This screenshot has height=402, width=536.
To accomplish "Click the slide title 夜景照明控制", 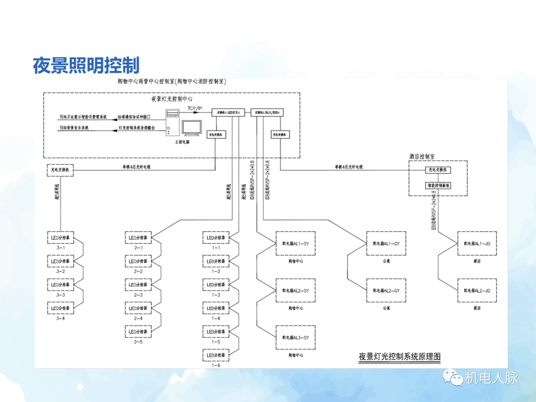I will [86, 66].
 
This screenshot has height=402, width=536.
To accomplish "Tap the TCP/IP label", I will [195, 108].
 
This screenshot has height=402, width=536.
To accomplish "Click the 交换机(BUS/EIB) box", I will [267, 113].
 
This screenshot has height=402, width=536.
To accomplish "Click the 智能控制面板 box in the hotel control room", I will [438, 186].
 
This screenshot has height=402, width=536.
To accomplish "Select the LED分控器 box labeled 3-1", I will [61, 238].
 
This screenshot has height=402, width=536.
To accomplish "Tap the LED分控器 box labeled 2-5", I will [138, 332].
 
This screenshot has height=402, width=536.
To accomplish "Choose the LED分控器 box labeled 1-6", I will [216, 355].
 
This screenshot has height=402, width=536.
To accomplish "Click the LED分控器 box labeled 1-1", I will [216, 238].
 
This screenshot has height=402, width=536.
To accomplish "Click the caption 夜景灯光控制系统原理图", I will [400, 356].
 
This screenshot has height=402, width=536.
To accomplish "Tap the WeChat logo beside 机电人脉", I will [452, 378].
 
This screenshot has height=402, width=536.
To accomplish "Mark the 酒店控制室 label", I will [422, 156].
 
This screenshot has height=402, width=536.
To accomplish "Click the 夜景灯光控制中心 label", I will [172, 99].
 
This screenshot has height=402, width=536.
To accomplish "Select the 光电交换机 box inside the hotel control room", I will [438, 170].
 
